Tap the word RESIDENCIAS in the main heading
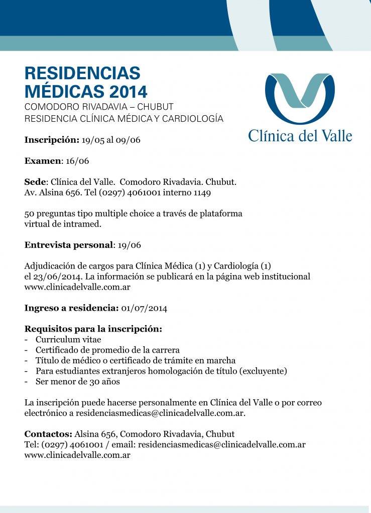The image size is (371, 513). click(x=82, y=73)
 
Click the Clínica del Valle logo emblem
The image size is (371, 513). click(x=300, y=98)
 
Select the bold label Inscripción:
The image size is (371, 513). click(x=52, y=140)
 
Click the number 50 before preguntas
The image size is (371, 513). click(x=30, y=213)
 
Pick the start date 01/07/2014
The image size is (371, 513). click(x=145, y=308)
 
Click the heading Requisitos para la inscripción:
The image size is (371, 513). click(x=93, y=329)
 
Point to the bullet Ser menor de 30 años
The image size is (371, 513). click(x=78, y=382)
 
